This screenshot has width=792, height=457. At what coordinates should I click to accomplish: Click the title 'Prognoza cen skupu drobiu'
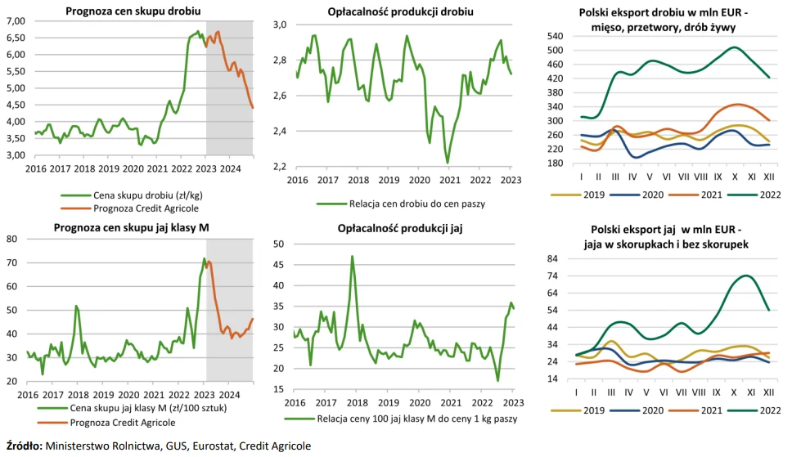coord(133,11)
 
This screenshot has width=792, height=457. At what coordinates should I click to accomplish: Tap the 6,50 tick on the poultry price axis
coord(16,38)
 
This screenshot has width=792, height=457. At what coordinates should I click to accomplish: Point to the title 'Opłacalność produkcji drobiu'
coord(401,11)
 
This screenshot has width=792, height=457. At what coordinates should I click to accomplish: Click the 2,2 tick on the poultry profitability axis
coord(279,167)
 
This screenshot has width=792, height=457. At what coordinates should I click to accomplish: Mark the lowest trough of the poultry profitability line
coord(448,163)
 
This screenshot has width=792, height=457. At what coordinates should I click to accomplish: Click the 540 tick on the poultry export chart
coord(555,36)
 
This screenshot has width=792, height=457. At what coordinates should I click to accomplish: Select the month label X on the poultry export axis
coord(735,177)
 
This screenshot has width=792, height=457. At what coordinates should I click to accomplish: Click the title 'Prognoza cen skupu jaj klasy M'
coord(132,228)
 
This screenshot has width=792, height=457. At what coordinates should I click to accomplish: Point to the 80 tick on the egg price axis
coord(11,239)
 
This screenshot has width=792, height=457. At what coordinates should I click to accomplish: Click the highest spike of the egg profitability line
coord(352,256)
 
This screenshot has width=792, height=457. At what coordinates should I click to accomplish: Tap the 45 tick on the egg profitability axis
coord(278,265)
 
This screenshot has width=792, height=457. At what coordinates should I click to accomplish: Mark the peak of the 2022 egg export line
coord(746,276)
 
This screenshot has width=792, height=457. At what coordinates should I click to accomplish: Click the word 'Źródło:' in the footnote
coord(25,446)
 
